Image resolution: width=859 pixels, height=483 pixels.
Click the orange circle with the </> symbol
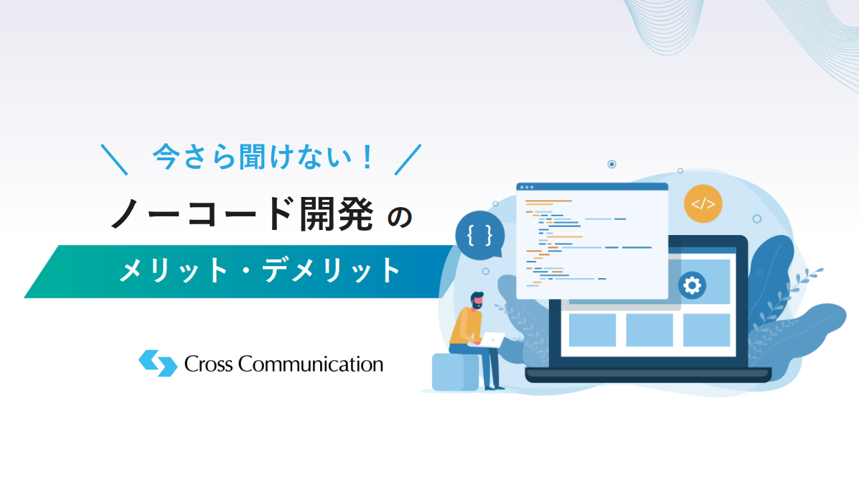[703, 203]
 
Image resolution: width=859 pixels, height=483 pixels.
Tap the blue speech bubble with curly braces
[480, 236]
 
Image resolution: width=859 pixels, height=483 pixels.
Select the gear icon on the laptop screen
[692, 285]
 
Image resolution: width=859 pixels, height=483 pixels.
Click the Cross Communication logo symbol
[158, 363]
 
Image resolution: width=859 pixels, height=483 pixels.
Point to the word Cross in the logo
[208, 364]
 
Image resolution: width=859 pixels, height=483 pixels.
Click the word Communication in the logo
[311, 364]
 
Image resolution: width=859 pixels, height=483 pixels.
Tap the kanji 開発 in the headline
[337, 214]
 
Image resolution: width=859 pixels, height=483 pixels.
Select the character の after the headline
[400, 217]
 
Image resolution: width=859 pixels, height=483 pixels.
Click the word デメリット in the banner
[332, 270]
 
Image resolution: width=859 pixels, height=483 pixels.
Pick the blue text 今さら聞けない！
[263, 157]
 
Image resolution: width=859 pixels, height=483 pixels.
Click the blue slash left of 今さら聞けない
[114, 160]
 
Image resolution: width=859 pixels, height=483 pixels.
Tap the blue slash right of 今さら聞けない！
[408, 160]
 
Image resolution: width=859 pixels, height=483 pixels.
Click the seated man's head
[477, 300]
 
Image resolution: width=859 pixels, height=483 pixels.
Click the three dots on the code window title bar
[527, 187]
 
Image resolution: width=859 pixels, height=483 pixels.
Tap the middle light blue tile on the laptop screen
[649, 330]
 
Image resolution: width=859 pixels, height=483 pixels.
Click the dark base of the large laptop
[648, 375]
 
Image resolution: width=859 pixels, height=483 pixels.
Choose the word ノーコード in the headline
[201, 214]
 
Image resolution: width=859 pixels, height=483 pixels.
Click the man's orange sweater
[464, 326]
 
